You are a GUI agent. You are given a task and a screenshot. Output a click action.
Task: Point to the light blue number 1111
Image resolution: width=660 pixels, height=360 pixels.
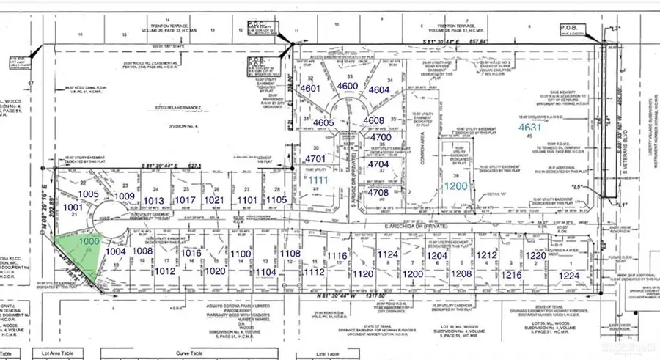tap(320, 180)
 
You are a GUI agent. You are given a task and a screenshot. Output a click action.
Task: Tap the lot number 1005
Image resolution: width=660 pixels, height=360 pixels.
tap(89, 194)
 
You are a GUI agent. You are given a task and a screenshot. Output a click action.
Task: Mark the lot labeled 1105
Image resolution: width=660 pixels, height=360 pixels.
tap(276, 199)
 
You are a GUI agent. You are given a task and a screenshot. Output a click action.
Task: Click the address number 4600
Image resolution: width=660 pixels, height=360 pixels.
tap(347, 87)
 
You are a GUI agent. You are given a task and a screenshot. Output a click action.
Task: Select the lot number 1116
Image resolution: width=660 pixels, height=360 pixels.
tap(336, 255)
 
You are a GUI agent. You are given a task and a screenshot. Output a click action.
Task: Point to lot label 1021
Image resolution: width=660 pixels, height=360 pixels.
tap(213, 199)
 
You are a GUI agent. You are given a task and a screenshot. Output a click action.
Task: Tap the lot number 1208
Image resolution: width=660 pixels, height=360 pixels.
tap(461, 273)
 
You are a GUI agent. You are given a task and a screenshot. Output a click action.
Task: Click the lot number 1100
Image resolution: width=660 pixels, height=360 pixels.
tap(241, 254)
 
